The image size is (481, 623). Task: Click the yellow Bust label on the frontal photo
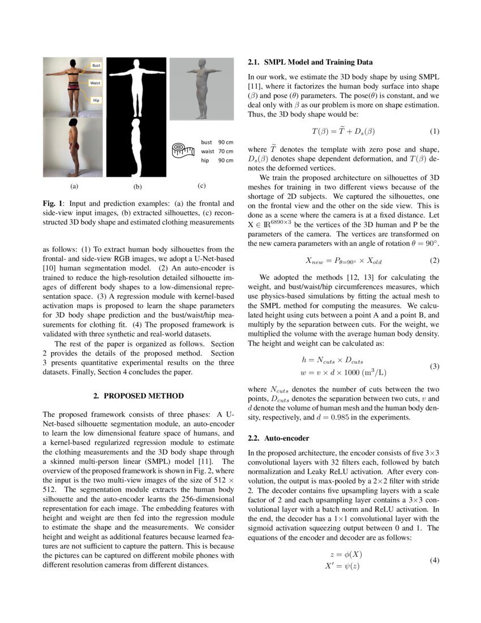coord(96,66)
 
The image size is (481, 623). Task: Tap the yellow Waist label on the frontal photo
coord(95,83)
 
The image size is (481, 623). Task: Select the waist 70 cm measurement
coord(217,151)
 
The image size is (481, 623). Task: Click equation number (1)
coord(434,131)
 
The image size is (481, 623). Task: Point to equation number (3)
coord(434,366)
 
